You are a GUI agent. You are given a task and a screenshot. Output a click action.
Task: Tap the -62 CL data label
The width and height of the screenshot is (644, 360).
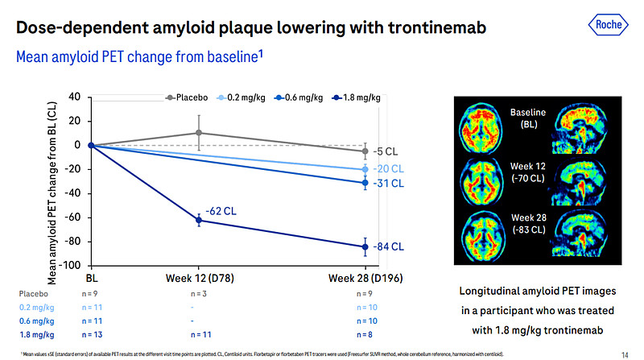[x=220, y=211]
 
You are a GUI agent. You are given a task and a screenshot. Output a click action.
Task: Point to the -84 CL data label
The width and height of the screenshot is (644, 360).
[x=387, y=246]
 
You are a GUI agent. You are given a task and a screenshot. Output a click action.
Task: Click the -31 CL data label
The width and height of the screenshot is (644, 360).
[x=387, y=184]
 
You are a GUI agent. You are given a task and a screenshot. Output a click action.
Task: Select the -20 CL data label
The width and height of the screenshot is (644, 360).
[x=387, y=169]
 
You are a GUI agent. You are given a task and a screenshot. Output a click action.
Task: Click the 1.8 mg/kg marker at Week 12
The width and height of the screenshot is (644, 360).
[x=199, y=221]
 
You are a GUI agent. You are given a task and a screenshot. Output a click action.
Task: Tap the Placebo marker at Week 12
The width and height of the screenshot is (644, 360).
[x=199, y=133]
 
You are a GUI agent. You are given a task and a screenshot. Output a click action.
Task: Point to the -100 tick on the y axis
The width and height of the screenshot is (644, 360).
[x=71, y=265]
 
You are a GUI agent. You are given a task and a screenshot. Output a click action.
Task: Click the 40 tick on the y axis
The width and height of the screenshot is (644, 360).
[x=75, y=97]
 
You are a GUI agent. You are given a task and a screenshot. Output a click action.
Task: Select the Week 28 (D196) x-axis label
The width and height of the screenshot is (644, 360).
[x=365, y=278]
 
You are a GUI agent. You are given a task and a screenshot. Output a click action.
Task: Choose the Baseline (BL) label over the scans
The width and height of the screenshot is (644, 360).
[x=530, y=118]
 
